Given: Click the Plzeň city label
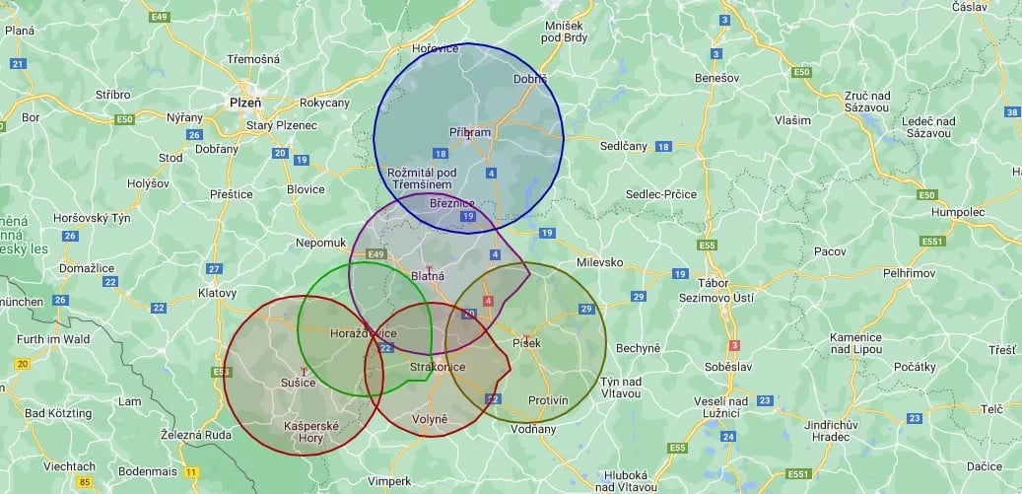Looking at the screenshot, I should pos(244,102).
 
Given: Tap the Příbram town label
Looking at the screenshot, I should pos(470,132).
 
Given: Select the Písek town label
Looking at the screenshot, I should pos(527,342).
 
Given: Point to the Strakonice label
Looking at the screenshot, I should pos(438,367).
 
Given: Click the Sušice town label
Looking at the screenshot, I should pos(299,383).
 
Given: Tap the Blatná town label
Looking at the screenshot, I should pos(428,276).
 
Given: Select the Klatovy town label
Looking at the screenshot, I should pos(217,293).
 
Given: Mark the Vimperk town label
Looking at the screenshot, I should pos(388,480).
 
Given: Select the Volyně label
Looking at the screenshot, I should pos(429,419).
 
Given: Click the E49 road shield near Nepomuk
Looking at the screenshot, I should pos(375,254).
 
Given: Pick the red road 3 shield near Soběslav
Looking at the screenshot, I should pos(733,345).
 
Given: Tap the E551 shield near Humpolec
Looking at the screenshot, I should pos(932,241).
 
